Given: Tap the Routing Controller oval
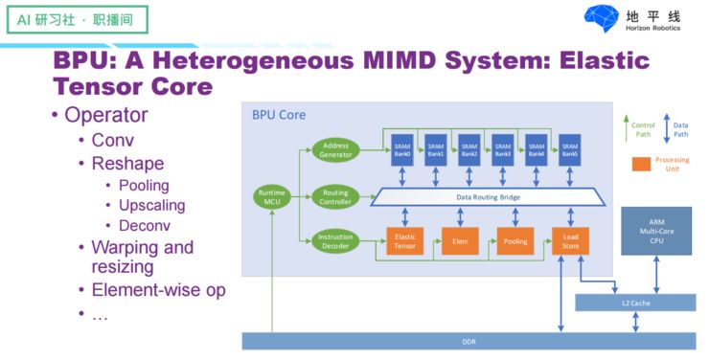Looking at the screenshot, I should click(x=336, y=197).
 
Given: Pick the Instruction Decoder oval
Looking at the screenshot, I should click(x=336, y=241).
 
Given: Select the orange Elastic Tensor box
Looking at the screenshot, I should click(x=403, y=241).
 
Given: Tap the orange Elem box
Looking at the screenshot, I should click(x=460, y=241).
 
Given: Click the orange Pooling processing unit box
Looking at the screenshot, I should click(x=515, y=241).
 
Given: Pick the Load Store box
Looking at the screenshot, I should click(x=571, y=241).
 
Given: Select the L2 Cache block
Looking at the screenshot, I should click(x=635, y=303).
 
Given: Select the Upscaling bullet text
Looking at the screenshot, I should click(x=151, y=205).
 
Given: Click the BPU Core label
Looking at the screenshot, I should click(x=279, y=115).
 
